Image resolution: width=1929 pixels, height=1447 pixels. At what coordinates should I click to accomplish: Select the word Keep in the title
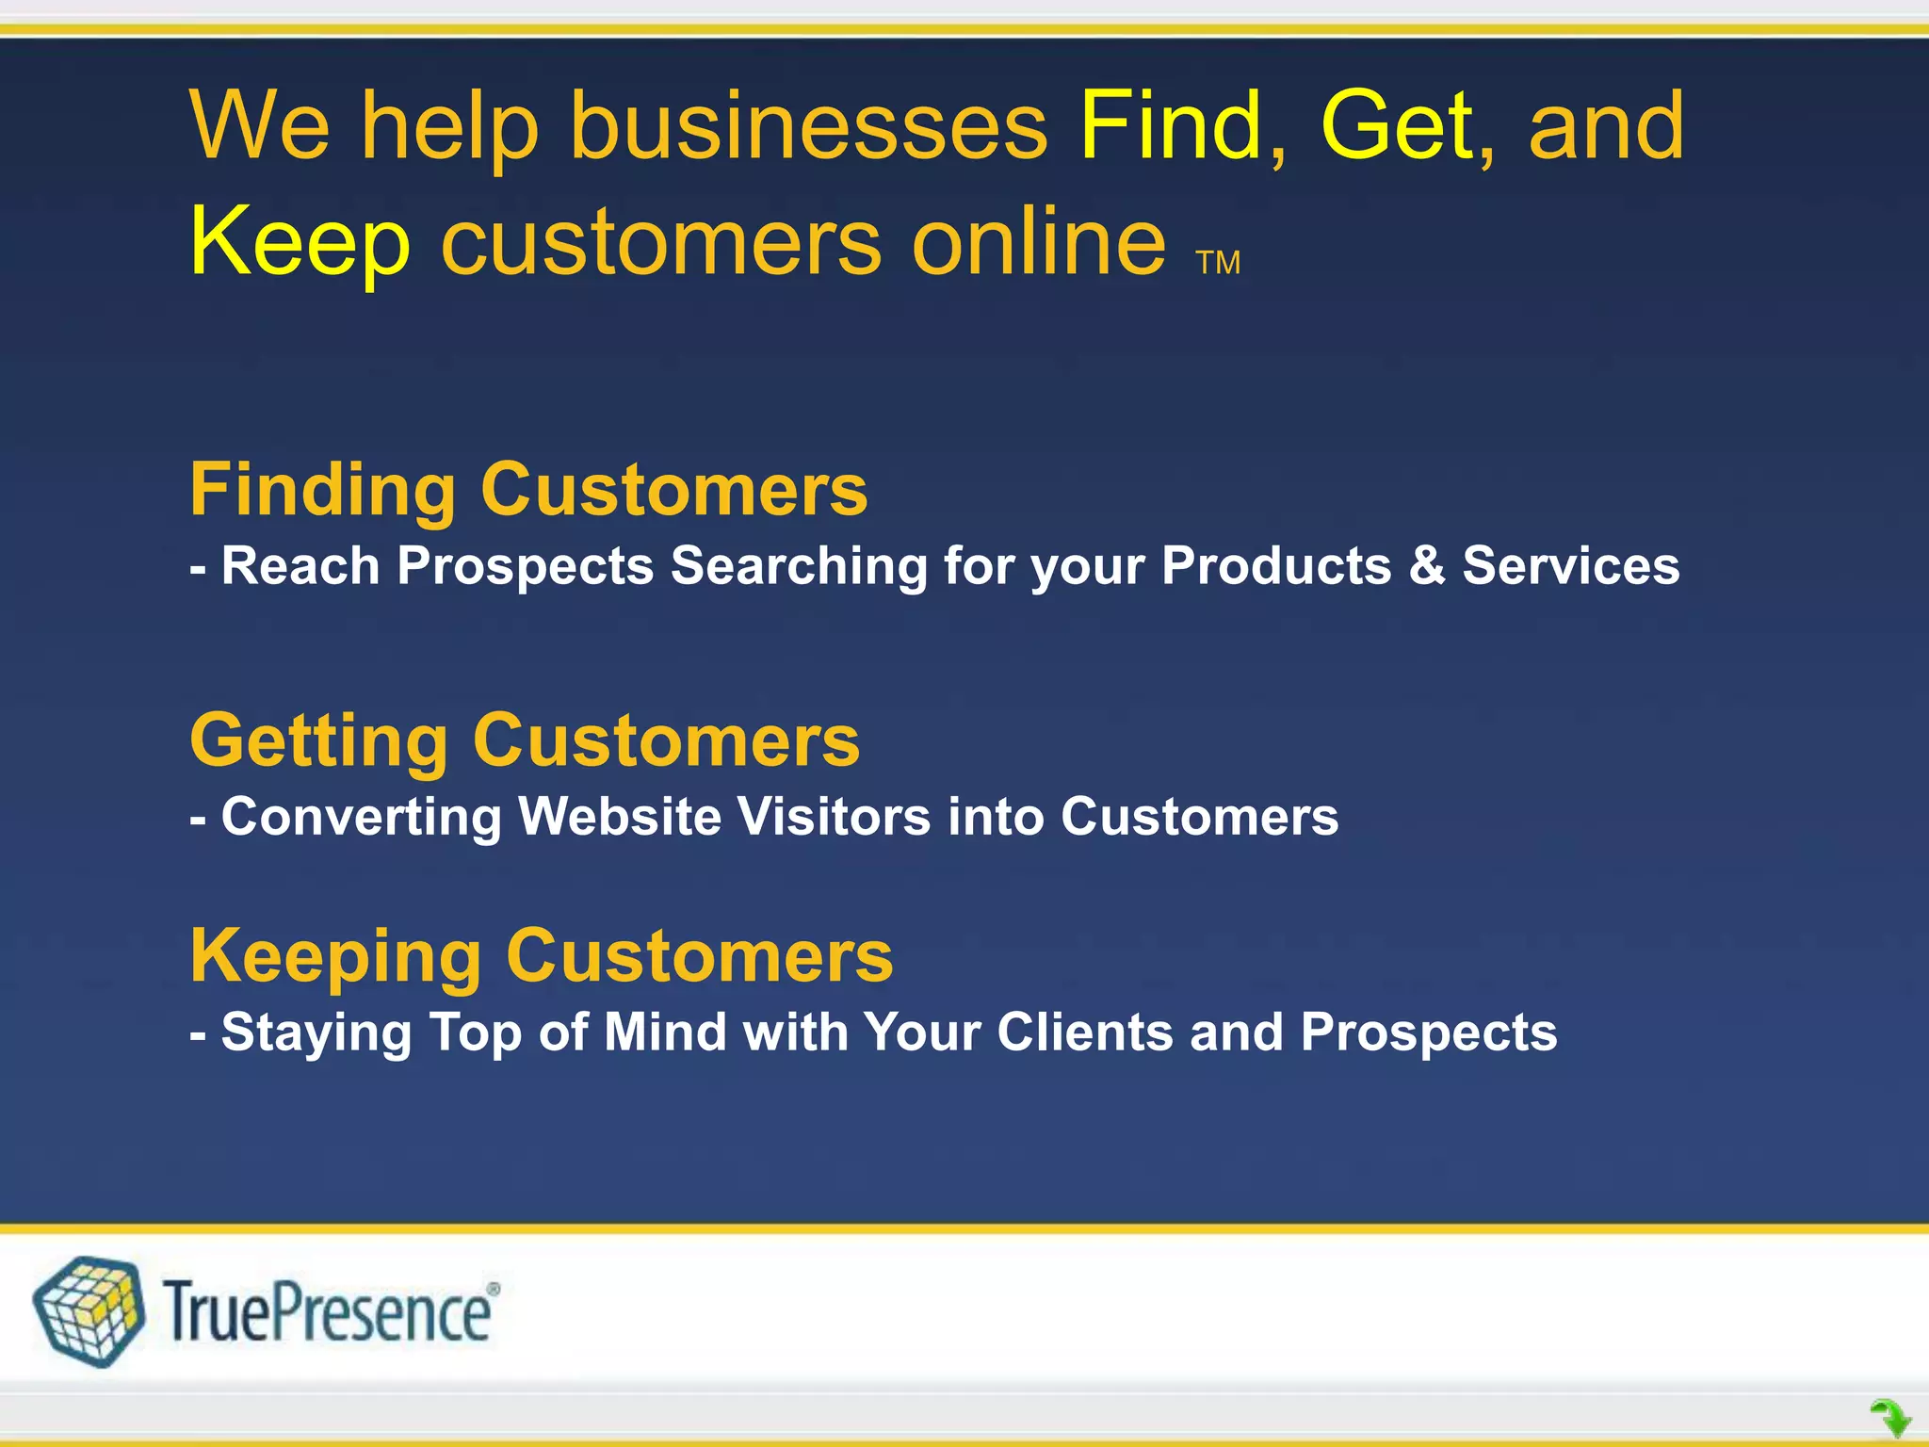(x=300, y=243)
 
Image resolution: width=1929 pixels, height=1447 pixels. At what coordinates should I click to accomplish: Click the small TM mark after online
(x=1218, y=263)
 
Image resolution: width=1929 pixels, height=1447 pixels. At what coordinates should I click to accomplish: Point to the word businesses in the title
(x=808, y=126)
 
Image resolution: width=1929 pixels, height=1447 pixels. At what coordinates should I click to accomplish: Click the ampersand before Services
(x=1426, y=566)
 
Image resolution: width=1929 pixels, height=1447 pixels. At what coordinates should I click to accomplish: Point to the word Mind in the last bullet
(x=665, y=1032)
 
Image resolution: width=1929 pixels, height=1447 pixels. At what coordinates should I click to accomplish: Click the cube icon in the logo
(x=89, y=1311)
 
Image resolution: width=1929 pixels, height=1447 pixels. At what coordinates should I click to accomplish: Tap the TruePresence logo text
(x=326, y=1313)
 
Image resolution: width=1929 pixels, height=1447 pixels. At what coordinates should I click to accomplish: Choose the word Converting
(x=361, y=818)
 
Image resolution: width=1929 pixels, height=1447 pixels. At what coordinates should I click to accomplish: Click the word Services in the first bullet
(x=1570, y=566)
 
